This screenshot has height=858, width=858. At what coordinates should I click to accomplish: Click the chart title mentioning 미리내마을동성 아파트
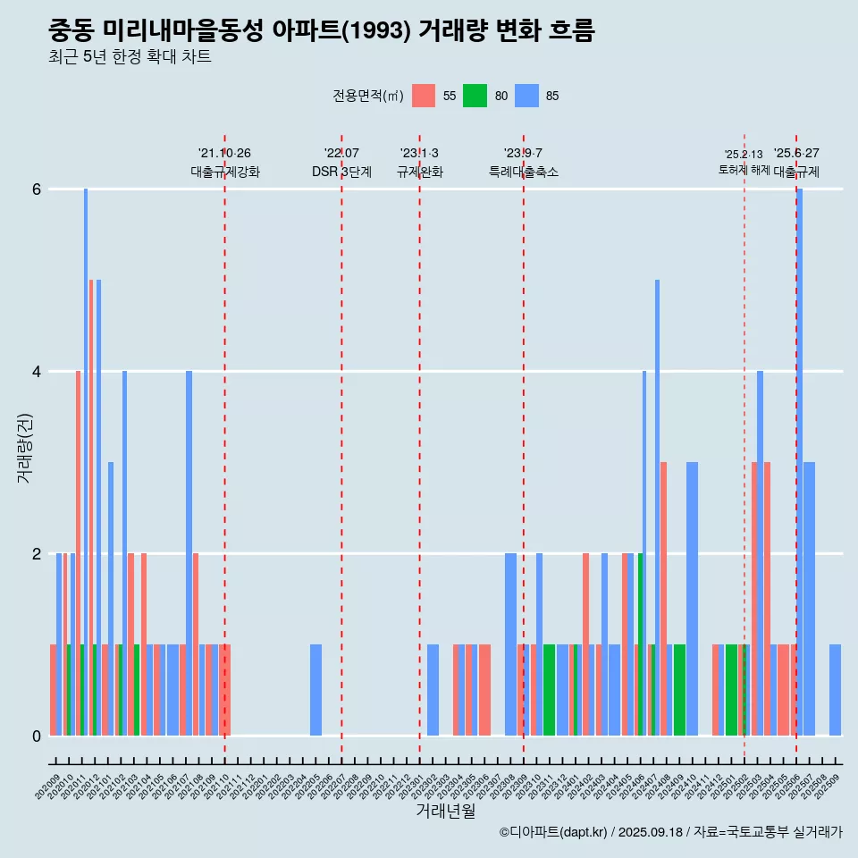[x=322, y=31]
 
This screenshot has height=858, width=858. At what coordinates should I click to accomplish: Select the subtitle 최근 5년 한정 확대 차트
[x=130, y=58]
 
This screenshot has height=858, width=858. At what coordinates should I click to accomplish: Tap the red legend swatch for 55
[x=424, y=96]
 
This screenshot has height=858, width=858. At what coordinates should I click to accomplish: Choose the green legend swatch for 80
[x=475, y=96]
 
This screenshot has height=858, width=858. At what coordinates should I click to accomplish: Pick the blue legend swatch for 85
[x=526, y=96]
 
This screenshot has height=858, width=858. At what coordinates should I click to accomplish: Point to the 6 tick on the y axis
[x=37, y=189]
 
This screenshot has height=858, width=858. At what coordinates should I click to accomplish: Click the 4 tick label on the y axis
[x=37, y=372]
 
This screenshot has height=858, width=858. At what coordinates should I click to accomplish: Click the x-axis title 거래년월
[x=445, y=812]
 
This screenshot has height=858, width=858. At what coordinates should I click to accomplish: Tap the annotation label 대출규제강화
[x=225, y=172]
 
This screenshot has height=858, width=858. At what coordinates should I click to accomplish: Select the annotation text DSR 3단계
[x=341, y=172]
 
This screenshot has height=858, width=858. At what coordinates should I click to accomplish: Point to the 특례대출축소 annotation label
[x=524, y=172]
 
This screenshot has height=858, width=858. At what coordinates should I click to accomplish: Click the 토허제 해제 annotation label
[x=744, y=170]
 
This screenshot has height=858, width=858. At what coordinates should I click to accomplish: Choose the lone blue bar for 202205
[x=315, y=690]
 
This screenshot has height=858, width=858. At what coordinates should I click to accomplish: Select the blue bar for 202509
[x=835, y=690]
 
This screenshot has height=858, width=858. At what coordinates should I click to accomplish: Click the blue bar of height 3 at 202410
[x=692, y=599]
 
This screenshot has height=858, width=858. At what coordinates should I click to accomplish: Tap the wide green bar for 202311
[x=549, y=690]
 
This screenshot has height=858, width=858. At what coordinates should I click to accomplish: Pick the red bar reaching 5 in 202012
[x=91, y=508]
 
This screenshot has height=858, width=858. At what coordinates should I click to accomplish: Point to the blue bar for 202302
[x=433, y=690]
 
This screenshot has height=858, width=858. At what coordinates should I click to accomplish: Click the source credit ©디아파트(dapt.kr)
[x=554, y=832]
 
